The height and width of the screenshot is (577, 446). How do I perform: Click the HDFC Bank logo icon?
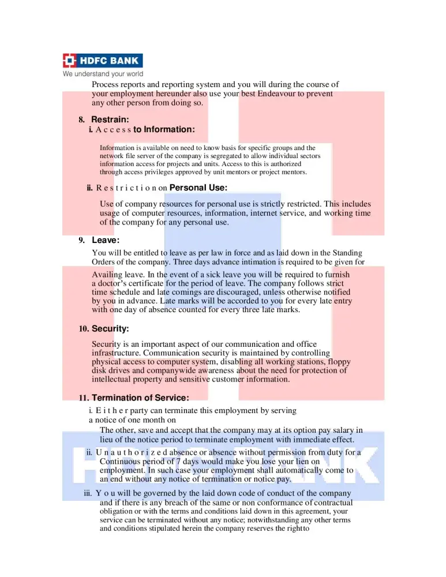(70, 61)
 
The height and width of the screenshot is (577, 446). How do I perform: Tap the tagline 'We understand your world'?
(103, 74)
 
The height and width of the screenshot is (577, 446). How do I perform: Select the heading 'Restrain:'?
(110, 119)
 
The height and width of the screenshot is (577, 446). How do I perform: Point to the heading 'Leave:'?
(106, 240)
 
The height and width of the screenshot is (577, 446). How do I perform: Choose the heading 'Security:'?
(110, 329)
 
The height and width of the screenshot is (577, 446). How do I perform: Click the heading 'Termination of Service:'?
(140, 398)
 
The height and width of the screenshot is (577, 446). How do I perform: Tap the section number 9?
(82, 241)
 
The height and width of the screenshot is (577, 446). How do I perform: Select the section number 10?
(84, 329)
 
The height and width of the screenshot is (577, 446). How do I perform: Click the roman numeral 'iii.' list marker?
(88, 493)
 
